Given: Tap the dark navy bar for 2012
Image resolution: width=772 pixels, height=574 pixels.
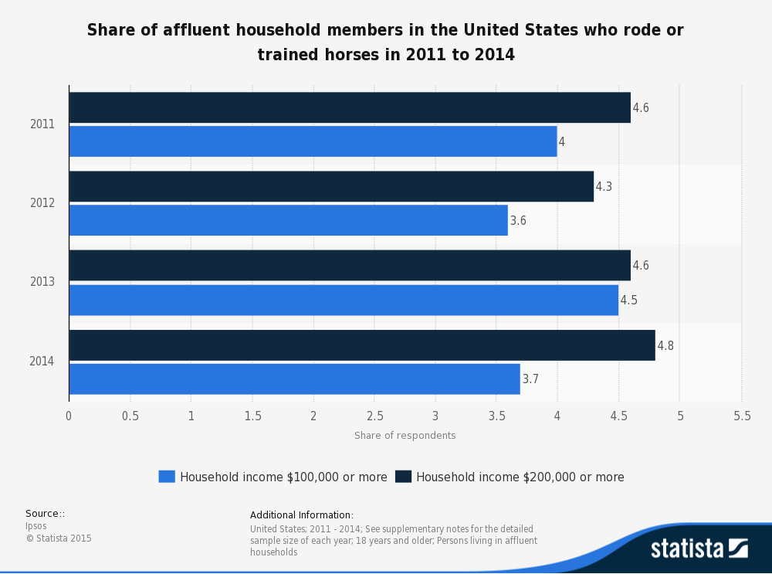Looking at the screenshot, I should tap(331, 186).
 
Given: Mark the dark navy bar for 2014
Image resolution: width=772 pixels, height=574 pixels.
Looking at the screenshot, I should tap(362, 345).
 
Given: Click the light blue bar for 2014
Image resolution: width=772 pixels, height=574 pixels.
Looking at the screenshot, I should tap(294, 379).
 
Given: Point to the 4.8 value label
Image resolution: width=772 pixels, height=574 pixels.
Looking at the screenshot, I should tap(665, 345).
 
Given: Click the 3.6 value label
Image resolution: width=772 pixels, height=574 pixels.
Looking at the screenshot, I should tap(518, 221).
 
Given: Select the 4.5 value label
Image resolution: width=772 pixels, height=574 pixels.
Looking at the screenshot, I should tap(629, 300).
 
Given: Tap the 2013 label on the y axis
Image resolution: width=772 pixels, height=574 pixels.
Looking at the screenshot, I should tap(42, 282).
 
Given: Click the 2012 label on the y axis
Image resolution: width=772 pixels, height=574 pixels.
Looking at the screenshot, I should tap(42, 203).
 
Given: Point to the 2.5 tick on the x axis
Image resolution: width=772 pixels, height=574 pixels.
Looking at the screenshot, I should tap(374, 416).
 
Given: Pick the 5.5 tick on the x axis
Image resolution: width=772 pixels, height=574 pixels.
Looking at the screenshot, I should tap(742, 416).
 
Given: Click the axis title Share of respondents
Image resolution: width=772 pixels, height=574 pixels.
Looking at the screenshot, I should tap(405, 436).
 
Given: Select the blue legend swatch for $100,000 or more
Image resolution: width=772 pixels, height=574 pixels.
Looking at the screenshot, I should tap(167, 477).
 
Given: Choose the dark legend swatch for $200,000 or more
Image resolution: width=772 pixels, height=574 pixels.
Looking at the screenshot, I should tap(403, 477).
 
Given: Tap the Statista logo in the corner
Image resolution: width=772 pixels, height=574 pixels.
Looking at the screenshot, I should tap(699, 549).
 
